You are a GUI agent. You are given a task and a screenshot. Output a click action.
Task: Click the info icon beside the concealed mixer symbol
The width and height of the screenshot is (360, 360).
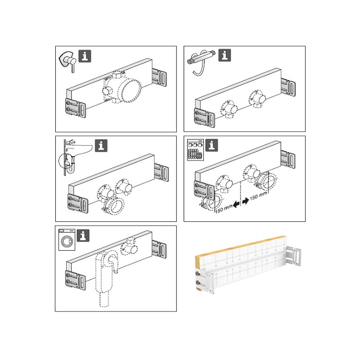tap(85, 56)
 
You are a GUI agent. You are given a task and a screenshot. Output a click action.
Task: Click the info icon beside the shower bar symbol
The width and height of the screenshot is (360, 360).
tap(225, 55)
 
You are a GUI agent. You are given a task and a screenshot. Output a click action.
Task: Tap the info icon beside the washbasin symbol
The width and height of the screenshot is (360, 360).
tap(101, 145)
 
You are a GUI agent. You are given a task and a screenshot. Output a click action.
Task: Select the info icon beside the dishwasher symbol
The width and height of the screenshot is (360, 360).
tap(211, 145)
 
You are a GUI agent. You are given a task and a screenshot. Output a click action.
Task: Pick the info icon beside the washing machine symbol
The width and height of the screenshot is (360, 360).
tap(83, 235)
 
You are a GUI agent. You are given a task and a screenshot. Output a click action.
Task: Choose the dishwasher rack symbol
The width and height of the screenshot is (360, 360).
tap(195, 150)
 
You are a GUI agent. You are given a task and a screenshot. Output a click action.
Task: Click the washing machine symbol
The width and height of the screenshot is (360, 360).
tap(67, 239)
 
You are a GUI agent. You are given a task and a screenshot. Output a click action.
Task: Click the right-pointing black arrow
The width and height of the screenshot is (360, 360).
tap(245, 201)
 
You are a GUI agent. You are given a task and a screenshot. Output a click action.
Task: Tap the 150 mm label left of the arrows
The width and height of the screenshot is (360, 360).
tap(224, 209)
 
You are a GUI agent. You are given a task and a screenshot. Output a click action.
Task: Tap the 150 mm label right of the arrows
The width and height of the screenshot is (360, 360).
tap(258, 196)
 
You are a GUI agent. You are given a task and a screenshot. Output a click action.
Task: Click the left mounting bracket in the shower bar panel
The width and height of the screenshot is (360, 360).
tap(204, 117)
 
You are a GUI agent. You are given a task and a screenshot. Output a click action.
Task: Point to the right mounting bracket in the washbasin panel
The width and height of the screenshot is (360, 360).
tap(162, 172)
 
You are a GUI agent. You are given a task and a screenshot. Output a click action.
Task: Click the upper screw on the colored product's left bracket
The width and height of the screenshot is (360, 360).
tap(197, 274)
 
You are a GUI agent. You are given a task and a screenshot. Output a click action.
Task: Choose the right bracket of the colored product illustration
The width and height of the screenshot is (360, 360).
tap(293, 256)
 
